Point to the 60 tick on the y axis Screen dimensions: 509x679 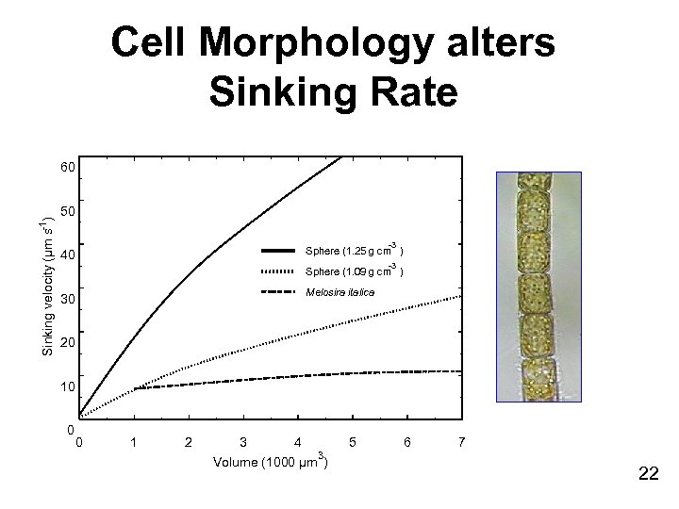[x=67, y=168]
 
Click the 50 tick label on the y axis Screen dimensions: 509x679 [x=67, y=211]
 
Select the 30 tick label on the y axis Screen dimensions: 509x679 [x=67, y=300]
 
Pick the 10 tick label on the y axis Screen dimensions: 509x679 [x=67, y=387]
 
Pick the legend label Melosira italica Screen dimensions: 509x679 [x=340, y=293]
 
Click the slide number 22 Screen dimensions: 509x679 [x=648, y=474]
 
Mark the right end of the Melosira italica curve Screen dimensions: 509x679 [x=459, y=371]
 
